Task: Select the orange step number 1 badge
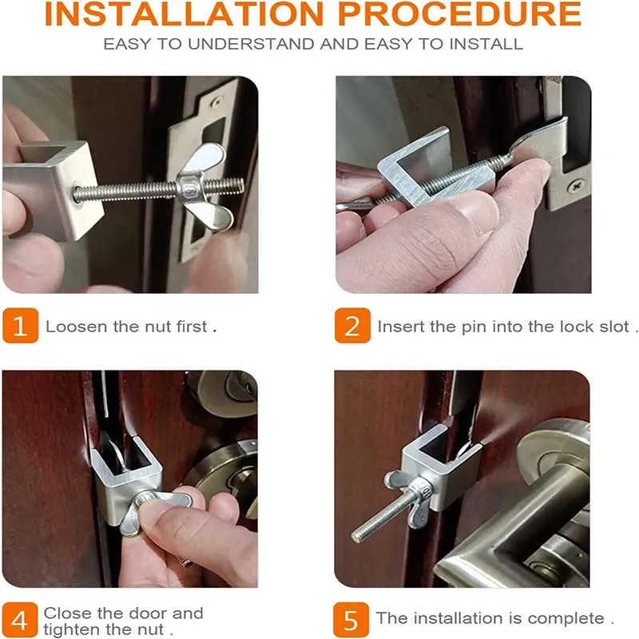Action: click(20, 326)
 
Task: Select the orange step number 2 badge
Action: click(352, 326)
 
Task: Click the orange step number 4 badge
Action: click(20, 619)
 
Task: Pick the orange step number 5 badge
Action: click(352, 619)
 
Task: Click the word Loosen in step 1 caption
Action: click(72, 327)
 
